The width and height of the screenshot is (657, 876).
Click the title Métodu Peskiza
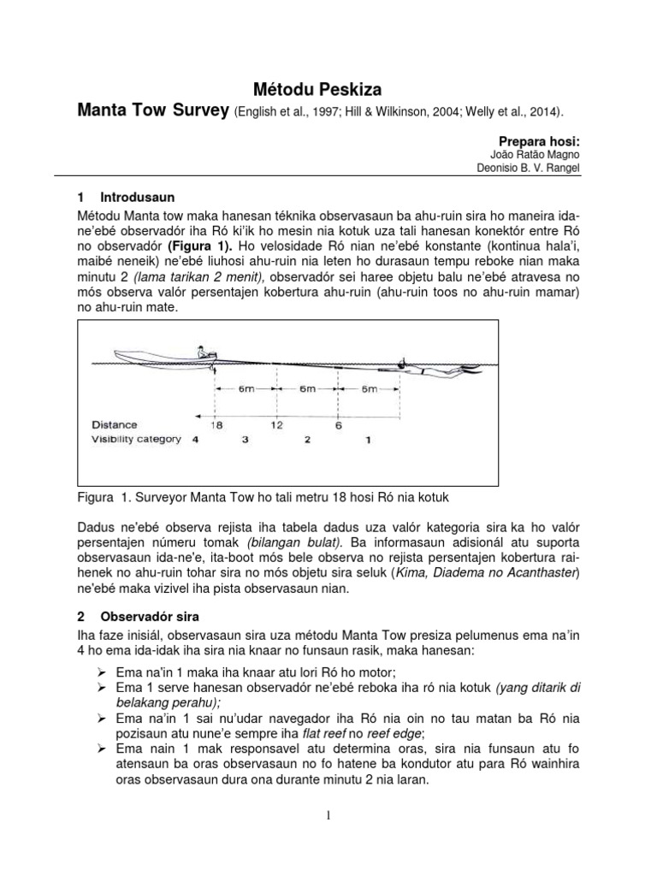[x=328, y=87]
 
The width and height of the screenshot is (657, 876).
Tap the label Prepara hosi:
[x=530, y=139]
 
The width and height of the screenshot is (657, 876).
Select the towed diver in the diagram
[x=436, y=369]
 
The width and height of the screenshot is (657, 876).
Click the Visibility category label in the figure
[x=136, y=440]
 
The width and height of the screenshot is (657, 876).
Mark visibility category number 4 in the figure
[x=195, y=440]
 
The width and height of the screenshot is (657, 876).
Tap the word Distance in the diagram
[x=114, y=424]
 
